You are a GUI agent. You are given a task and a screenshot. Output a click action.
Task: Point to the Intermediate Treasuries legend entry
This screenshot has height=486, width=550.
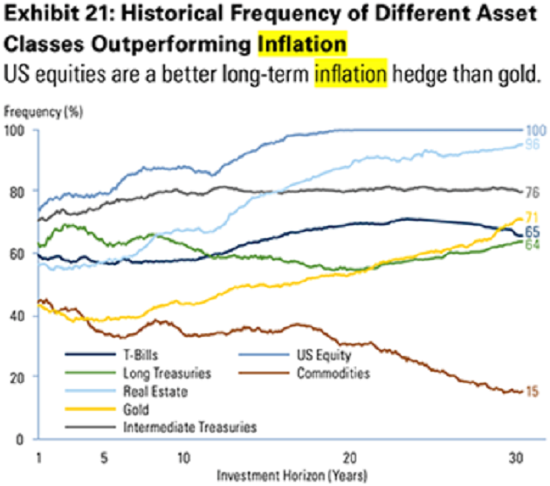tap(169, 427)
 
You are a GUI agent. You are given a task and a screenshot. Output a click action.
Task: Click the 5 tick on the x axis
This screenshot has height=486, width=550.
tap(103, 456)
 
